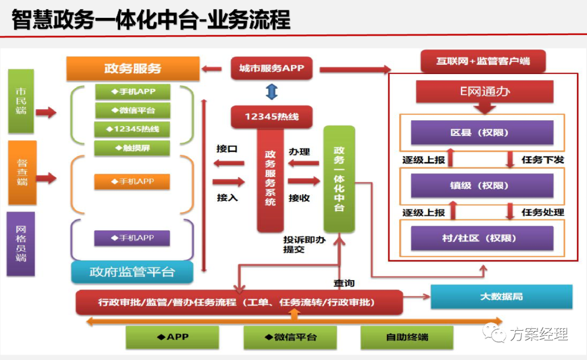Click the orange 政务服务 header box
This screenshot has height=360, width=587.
pos(133,69)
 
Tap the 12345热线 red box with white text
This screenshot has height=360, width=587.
pos(271,117)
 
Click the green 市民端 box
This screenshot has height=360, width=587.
pos(21,101)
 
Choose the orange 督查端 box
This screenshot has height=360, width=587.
pos(22,172)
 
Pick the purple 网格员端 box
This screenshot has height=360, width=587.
pos(21,244)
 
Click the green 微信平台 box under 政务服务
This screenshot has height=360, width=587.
pos(133,110)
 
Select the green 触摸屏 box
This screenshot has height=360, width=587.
pos(133,148)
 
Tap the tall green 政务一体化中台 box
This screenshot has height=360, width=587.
pos(339,179)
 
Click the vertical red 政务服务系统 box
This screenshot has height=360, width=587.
pos(270,179)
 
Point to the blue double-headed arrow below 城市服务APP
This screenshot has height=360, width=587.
pos(271,91)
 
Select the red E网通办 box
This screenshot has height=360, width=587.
pos(485,92)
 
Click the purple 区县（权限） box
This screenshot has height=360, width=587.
pos(482,132)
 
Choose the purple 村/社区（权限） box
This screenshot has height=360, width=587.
pos(482,238)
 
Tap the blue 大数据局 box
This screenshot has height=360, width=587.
pos(501,296)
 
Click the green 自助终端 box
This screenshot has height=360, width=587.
pos(407,337)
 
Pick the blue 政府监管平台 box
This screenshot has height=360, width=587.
pos(132,272)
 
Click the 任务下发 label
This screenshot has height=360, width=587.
pos(542,160)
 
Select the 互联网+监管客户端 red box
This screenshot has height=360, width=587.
pos(483,61)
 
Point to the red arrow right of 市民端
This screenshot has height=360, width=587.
pos(46,113)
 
